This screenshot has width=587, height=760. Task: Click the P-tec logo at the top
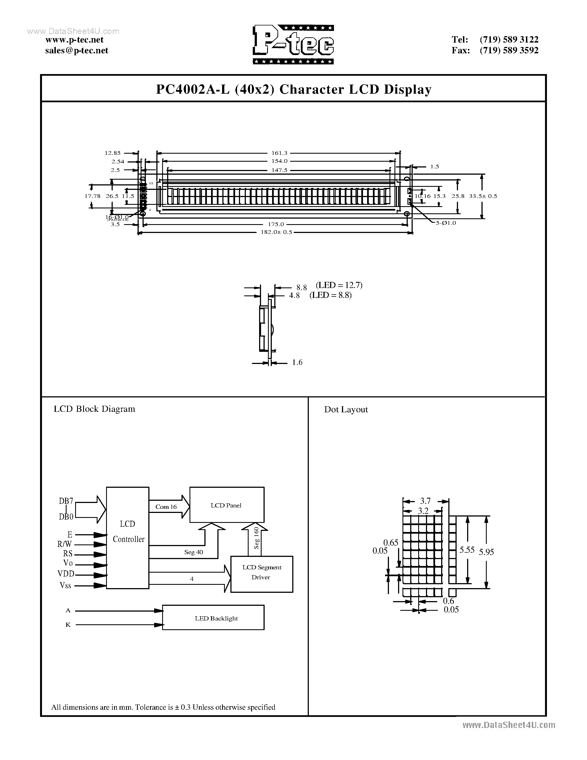click(x=293, y=44)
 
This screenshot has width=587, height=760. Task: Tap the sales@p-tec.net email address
click(x=77, y=51)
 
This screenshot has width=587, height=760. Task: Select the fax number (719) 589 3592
click(x=509, y=51)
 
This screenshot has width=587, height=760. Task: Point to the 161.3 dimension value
click(x=279, y=153)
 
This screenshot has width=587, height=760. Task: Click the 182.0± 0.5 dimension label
click(x=276, y=232)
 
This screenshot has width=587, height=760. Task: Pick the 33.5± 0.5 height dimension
click(x=483, y=196)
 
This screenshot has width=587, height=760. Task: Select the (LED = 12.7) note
click(x=339, y=285)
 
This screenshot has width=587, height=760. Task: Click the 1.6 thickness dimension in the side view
click(x=297, y=363)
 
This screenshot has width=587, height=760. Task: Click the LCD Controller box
click(x=128, y=538)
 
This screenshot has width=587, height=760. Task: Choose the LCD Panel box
click(x=227, y=505)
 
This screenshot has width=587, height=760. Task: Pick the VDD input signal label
click(x=66, y=574)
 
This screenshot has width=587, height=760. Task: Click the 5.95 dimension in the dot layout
click(x=486, y=552)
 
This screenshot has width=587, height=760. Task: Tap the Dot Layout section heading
click(x=346, y=410)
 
